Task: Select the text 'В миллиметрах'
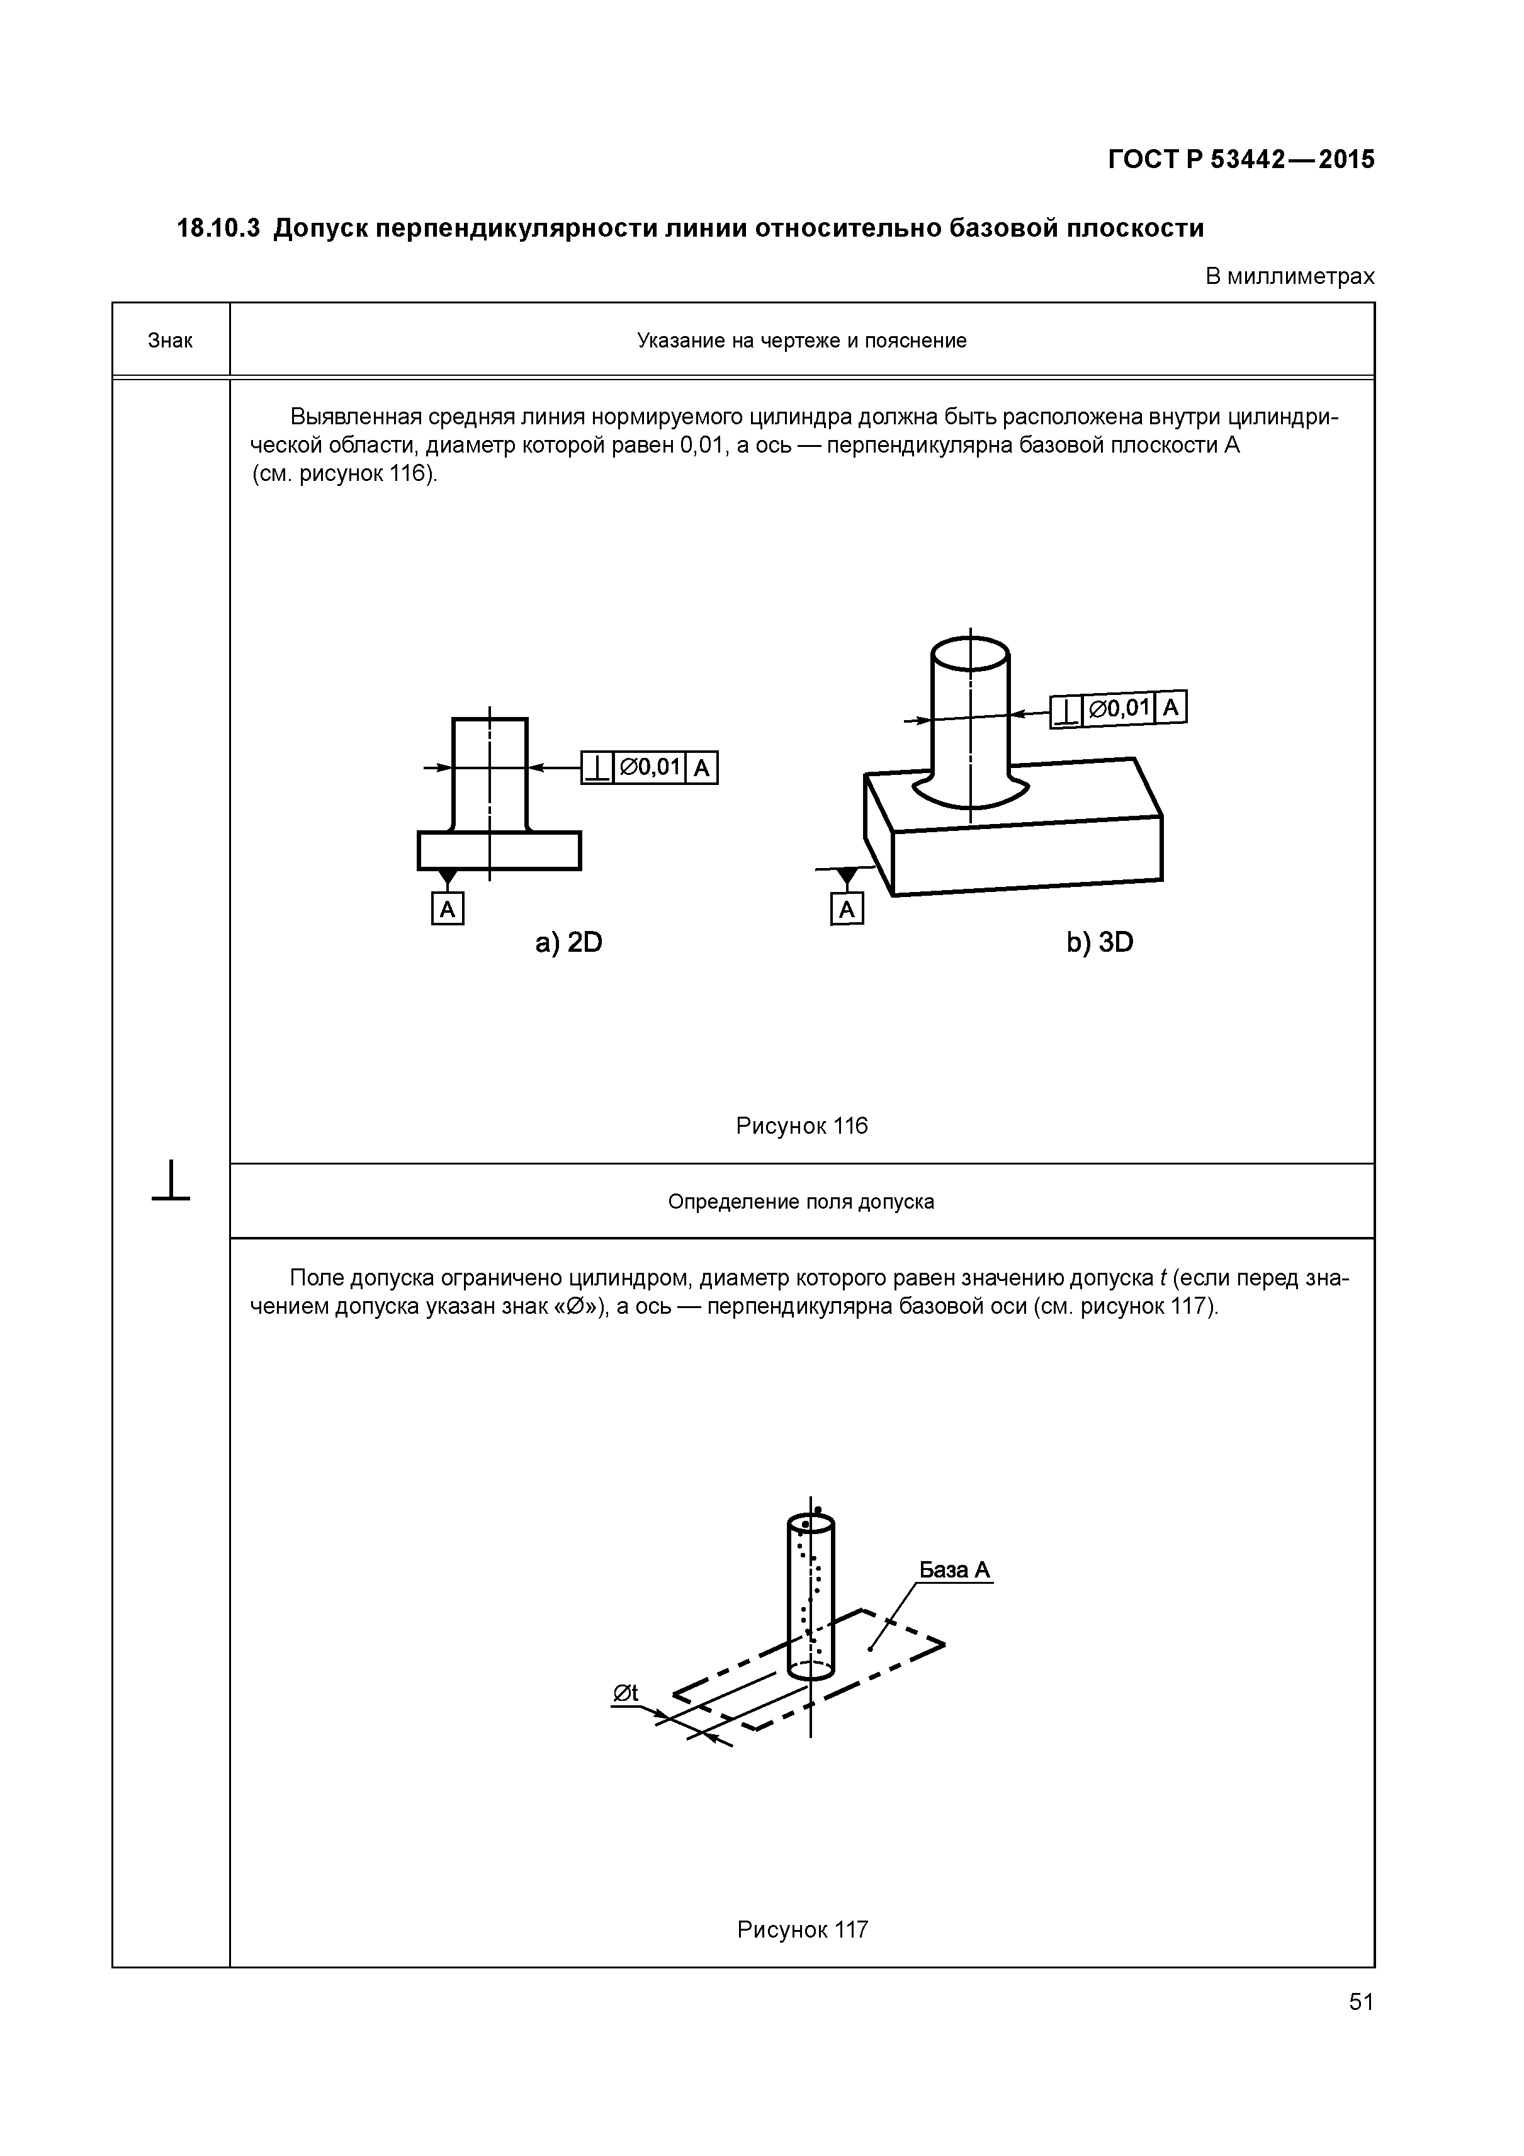[x=1289, y=277]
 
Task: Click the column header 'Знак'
[x=170, y=341]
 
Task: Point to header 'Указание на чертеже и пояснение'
[x=801, y=341]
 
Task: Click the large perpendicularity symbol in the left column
[x=171, y=1182]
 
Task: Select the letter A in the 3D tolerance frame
[x=1171, y=707]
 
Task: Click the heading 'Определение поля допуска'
[x=801, y=1202]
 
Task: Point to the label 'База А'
[x=954, y=1570]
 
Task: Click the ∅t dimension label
[x=625, y=1692]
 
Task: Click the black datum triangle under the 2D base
[x=448, y=877]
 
